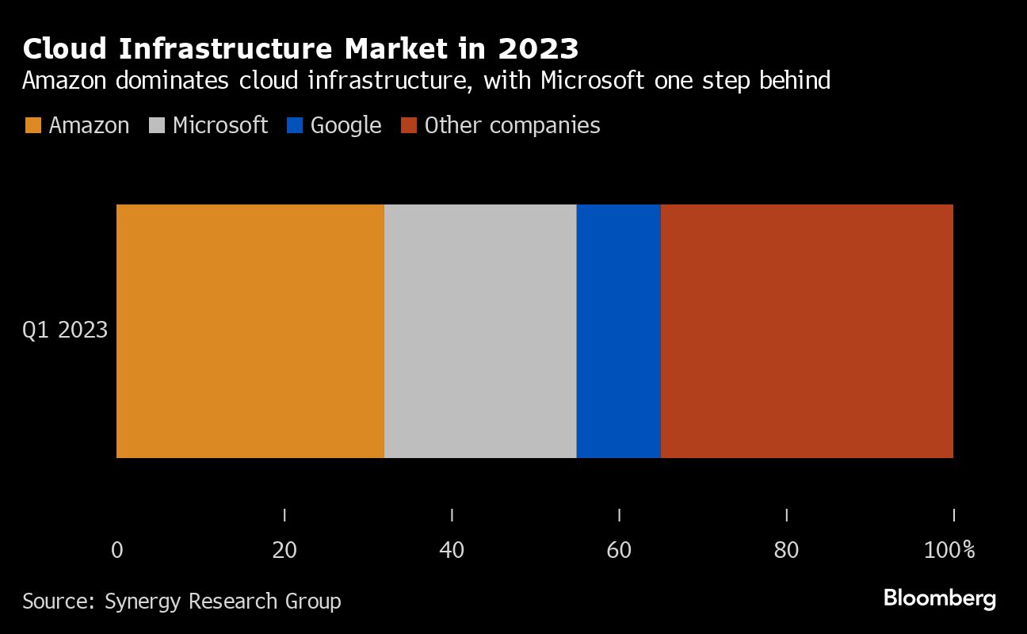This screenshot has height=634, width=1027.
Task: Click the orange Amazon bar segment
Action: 250,331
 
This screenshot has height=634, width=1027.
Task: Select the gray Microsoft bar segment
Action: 480,331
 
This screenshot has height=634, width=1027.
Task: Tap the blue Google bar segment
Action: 618,331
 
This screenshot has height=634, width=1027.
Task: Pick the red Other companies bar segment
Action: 807,331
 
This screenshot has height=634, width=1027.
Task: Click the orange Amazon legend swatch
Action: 33,126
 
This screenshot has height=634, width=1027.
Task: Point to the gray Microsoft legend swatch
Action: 157,126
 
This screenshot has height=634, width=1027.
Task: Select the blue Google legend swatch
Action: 295,126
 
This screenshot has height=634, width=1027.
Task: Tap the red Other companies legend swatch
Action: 408,126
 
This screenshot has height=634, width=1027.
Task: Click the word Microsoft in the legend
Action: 220,126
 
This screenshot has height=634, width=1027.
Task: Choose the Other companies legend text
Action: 512,126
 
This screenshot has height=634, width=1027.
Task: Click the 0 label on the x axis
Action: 117,550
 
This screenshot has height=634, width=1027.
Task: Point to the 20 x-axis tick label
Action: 284,550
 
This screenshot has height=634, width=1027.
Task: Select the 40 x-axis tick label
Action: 452,550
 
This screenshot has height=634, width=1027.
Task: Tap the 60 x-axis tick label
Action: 619,550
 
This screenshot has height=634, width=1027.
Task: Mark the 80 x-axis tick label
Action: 786,550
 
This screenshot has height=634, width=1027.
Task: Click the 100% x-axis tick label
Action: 949,550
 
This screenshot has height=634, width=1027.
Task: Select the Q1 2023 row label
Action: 65,330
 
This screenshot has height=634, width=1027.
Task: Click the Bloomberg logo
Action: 940,598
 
